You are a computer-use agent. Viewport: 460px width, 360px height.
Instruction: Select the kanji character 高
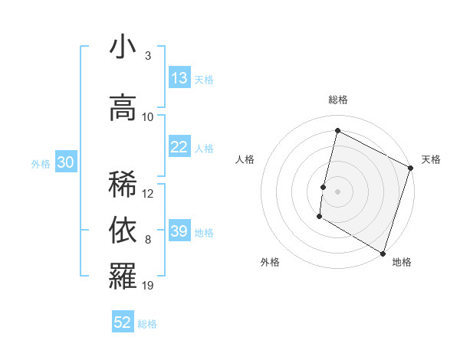(x=123, y=107)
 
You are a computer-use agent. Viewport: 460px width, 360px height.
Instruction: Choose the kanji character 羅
(x=123, y=277)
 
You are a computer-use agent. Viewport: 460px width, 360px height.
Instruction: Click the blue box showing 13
(x=179, y=79)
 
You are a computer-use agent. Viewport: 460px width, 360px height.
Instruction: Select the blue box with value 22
(x=179, y=148)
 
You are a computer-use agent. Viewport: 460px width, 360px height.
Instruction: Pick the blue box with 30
(x=65, y=162)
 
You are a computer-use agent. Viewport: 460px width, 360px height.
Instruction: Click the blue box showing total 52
(x=123, y=322)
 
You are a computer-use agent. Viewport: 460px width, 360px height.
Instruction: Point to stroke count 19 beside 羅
(x=148, y=286)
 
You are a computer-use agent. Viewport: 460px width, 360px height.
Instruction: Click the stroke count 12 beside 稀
(x=148, y=194)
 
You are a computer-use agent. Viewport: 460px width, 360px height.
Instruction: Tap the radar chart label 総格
(x=338, y=100)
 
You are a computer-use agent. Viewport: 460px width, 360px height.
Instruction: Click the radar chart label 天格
(x=431, y=159)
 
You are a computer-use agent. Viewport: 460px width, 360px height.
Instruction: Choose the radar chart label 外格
(x=270, y=262)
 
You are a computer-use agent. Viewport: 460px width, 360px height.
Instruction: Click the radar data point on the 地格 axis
(x=383, y=253)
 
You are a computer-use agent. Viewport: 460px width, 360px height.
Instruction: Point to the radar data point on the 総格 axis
(x=337, y=131)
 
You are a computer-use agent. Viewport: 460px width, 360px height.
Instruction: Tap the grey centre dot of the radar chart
(x=337, y=191)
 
